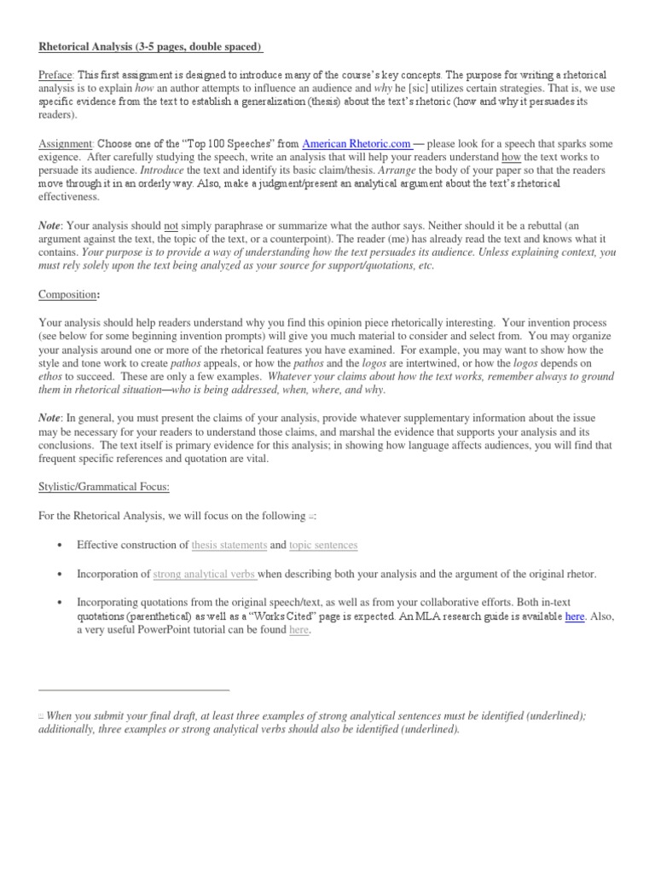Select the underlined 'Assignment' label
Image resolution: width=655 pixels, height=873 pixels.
(x=67, y=143)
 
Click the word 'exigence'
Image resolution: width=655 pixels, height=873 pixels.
(x=61, y=157)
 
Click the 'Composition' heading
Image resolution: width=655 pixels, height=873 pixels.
(x=69, y=294)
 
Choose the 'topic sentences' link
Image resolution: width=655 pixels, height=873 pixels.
(x=323, y=545)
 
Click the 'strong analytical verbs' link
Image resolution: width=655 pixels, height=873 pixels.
(x=205, y=574)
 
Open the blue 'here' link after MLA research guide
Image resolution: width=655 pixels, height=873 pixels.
(x=574, y=616)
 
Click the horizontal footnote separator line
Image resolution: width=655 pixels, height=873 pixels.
(x=134, y=689)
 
